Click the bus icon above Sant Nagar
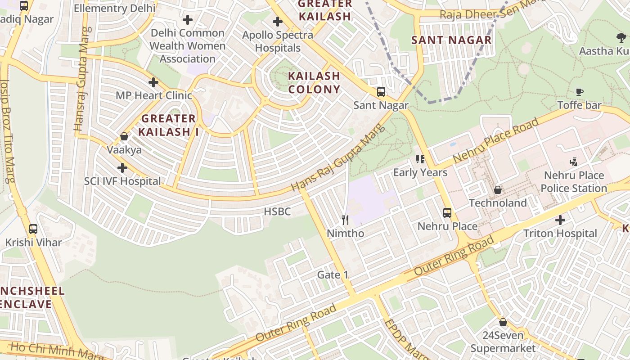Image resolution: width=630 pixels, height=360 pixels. coord(381,92)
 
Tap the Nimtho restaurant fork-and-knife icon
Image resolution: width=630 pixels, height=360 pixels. coord(345,220)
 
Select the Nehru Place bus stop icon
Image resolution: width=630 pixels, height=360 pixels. coord(447,213)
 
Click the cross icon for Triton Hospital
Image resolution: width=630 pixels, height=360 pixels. coord(560,220)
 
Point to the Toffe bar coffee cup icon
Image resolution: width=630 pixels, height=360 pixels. coord(580,92)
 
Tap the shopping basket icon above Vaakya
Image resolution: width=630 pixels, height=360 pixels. coord(124,136)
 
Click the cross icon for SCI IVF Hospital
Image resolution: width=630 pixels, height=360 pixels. coord(122,168)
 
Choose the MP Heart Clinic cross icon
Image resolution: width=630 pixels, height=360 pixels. coord(153,82)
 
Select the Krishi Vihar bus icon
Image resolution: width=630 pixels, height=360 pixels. coord(33,229)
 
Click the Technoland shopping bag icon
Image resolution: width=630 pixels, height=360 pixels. coord(498,190)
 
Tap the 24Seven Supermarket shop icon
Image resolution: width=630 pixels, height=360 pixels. coord(503,322)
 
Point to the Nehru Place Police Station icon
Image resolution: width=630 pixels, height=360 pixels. coord(573,162)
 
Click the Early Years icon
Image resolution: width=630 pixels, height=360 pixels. coord(420,159)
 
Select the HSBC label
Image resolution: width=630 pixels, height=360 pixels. coord(277,211)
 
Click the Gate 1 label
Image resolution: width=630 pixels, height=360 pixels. coord(333,274)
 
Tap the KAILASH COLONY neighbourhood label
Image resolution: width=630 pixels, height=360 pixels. coord(314,82)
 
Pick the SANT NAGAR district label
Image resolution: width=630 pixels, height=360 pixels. coord(451,40)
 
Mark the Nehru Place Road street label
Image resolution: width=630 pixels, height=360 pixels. coord(496,141)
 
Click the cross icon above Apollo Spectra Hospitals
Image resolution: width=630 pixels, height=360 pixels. coord(278,22)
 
